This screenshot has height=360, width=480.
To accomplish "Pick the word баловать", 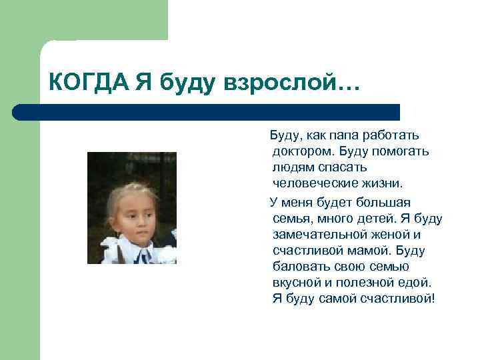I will pos(299,267).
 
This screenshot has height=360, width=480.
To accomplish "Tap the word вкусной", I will pos(296,282).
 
